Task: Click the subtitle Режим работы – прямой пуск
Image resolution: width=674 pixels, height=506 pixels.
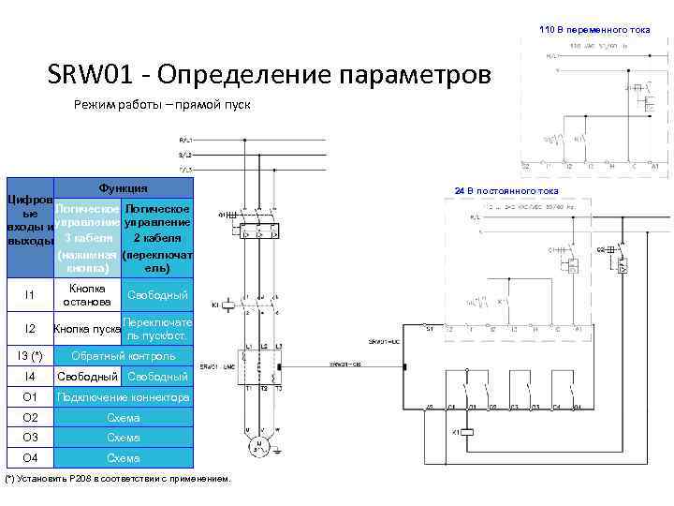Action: [162, 104]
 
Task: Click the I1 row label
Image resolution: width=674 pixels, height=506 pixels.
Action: [29, 295]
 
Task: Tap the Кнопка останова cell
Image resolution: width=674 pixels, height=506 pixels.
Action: [87, 295]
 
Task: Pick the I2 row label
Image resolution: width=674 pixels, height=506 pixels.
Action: [29, 329]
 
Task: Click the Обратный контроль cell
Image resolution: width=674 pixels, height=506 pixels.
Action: [124, 356]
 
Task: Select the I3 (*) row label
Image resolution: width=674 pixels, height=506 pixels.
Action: [29, 356]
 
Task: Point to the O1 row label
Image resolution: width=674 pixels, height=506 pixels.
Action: [29, 397]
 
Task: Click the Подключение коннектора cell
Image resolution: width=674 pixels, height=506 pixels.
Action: [124, 397]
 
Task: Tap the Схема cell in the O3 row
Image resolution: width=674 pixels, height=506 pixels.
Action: [124, 438]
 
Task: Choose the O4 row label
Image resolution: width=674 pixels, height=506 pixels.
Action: [29, 458]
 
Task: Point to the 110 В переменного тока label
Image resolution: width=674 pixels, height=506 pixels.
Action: [594, 29]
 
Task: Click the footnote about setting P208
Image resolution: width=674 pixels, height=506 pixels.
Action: [118, 479]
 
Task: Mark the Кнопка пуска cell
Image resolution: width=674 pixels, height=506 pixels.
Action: [87, 329]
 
